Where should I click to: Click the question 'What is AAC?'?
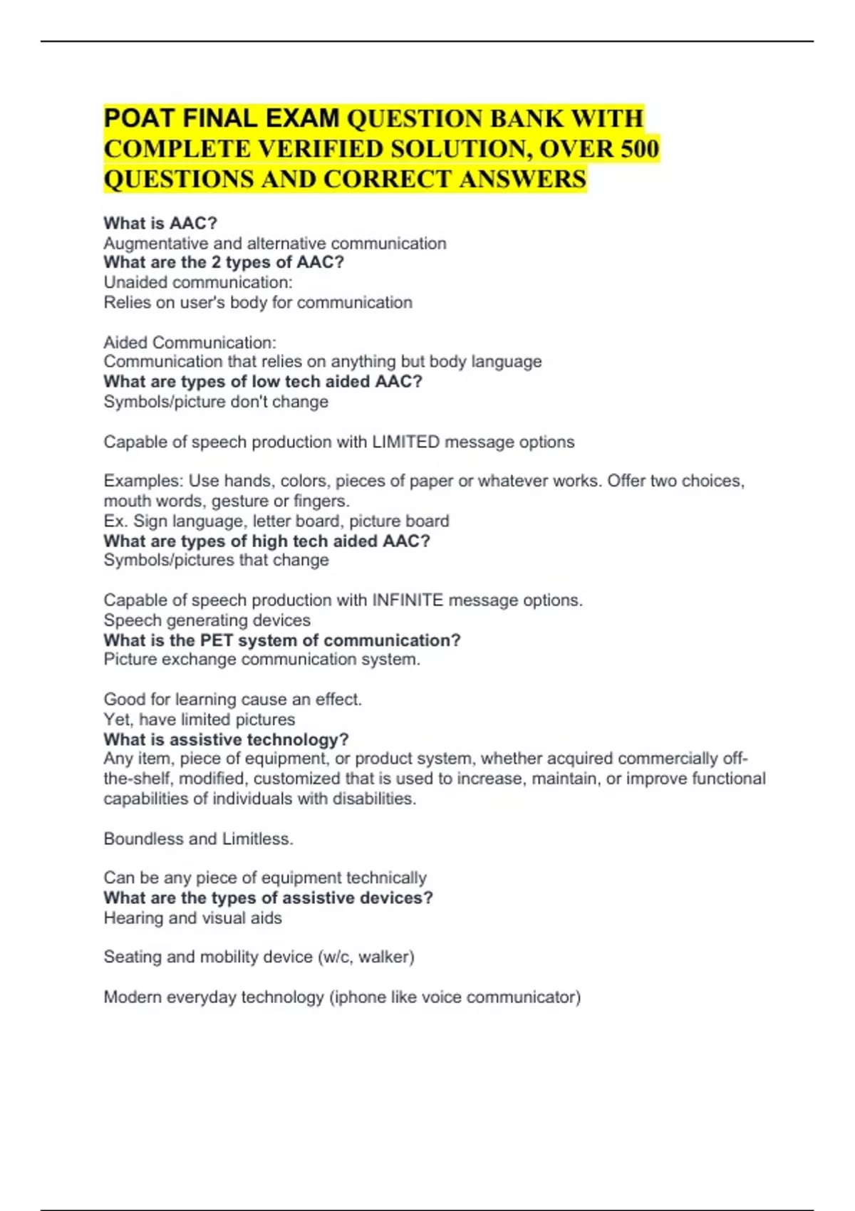160,224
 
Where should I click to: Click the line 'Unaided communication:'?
198,283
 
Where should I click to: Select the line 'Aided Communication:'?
190,343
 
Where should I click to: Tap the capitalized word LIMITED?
405,442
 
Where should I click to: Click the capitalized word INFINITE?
408,601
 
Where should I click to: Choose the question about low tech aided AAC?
263,382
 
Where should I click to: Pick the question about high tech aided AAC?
266,541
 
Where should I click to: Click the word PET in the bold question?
217,640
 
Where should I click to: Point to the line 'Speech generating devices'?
207,620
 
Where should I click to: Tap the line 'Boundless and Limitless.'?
198,839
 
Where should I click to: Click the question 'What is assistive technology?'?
226,739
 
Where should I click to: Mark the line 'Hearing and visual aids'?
192,918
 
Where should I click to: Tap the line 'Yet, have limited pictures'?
199,719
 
